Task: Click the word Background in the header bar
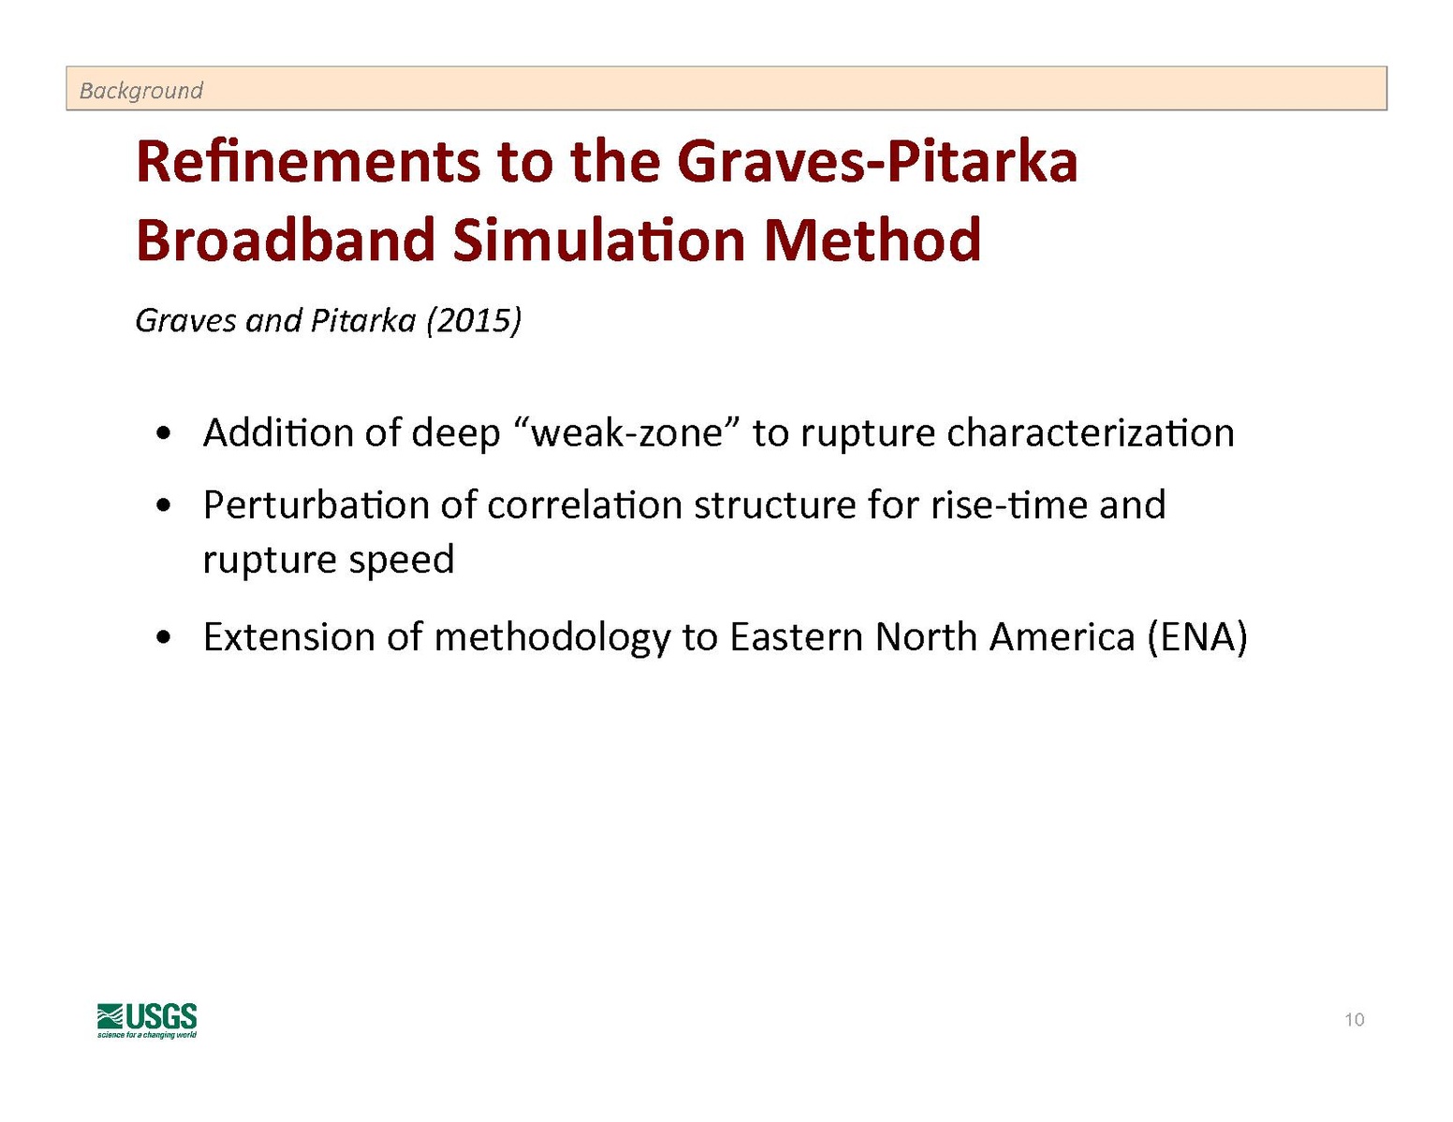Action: [140, 90]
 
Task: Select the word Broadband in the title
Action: [286, 240]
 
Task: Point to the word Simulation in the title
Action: [599, 240]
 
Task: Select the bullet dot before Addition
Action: [163, 435]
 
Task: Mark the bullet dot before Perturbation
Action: [163, 506]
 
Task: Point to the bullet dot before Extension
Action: [163, 638]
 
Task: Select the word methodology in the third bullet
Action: [552, 638]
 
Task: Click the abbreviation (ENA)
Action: [1197, 637]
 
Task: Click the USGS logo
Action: [147, 1020]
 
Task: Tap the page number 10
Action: [1354, 1020]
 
